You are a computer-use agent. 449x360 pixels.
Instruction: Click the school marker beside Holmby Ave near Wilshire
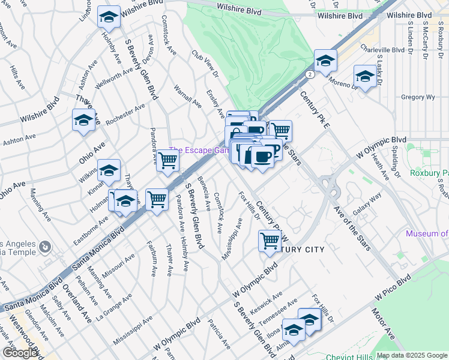pyautogui.click(x=109, y=18)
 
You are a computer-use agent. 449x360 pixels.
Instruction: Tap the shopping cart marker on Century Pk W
pyautogui.click(x=270, y=241)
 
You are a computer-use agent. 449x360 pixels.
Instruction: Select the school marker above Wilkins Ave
pyautogui.click(x=109, y=171)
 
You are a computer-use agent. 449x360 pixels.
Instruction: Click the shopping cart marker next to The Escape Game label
pyautogui.click(x=168, y=160)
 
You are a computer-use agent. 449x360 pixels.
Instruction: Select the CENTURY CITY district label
pyautogui.click(x=300, y=250)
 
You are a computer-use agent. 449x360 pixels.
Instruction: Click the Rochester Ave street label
pyautogui.click(x=125, y=115)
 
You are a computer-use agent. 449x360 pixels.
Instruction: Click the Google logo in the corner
pyautogui.click(x=20, y=353)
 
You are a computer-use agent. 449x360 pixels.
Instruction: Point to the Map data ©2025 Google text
pyautogui.click(x=411, y=355)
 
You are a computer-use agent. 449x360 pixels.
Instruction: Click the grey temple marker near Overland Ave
pyautogui.click(x=45, y=247)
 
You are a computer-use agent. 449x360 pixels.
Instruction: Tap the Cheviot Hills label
pyautogui.click(x=348, y=356)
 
